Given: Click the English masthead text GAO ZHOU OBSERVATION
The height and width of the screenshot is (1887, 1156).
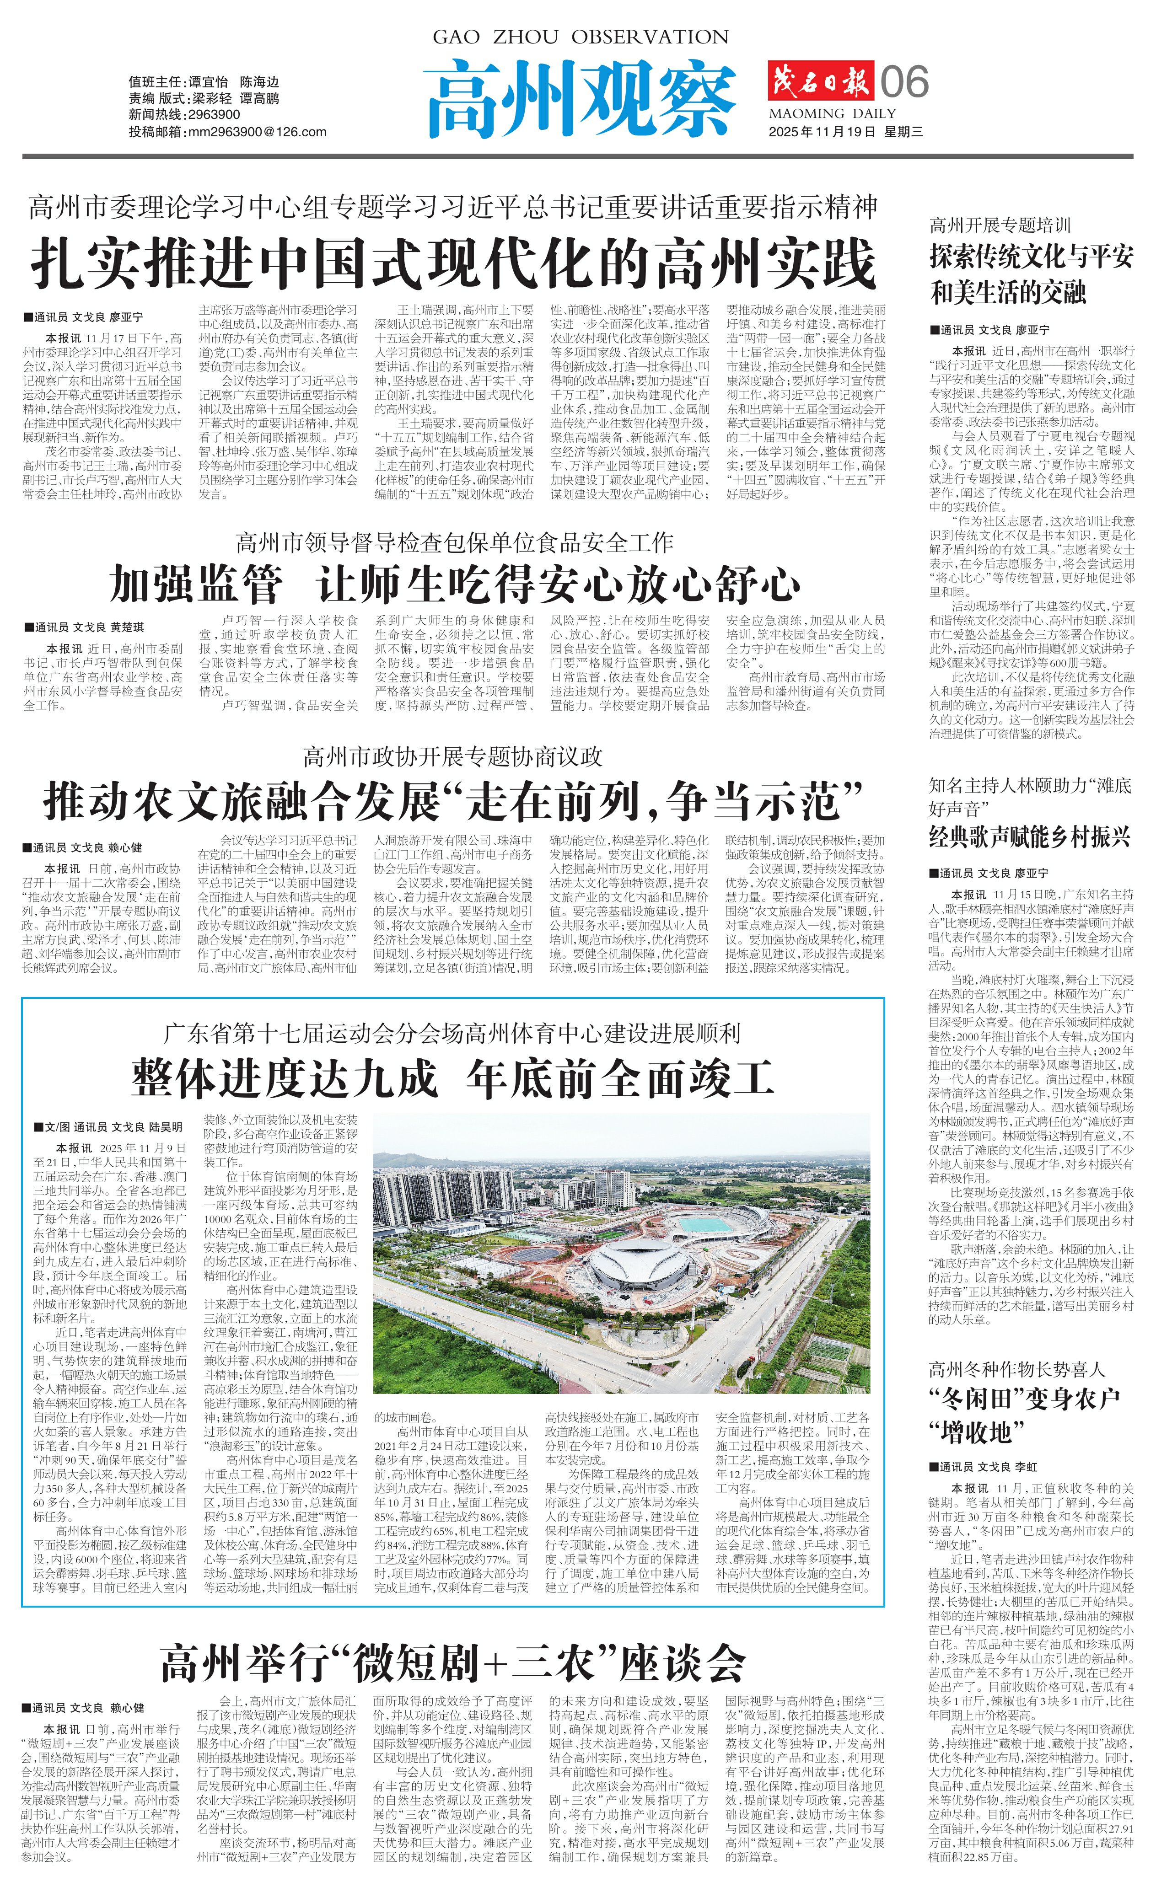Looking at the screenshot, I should [x=580, y=37].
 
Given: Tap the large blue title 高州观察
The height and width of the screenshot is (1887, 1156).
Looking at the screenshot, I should [x=580, y=97].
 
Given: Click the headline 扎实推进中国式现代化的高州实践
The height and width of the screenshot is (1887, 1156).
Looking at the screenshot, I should [x=453, y=263].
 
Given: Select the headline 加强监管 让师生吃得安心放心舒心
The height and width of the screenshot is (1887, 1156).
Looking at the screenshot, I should [x=455, y=585].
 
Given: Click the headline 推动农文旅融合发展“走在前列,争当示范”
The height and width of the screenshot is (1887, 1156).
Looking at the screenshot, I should [x=453, y=802].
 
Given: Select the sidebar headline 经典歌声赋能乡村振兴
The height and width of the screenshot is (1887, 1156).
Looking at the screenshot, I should [x=1030, y=837].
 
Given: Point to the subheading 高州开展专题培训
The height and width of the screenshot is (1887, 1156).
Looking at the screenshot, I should [x=1000, y=225].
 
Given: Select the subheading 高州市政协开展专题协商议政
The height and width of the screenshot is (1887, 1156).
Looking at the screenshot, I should [x=453, y=756].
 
